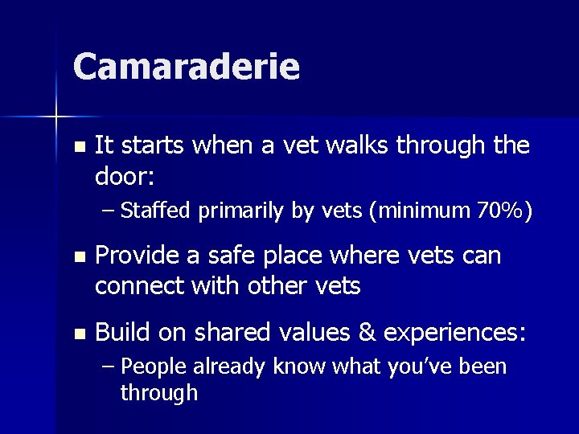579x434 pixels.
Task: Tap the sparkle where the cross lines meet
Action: [x=56, y=118]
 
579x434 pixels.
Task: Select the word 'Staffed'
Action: [x=154, y=211]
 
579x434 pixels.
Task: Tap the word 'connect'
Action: [x=138, y=285]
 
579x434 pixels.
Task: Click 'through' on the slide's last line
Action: [x=158, y=393]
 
